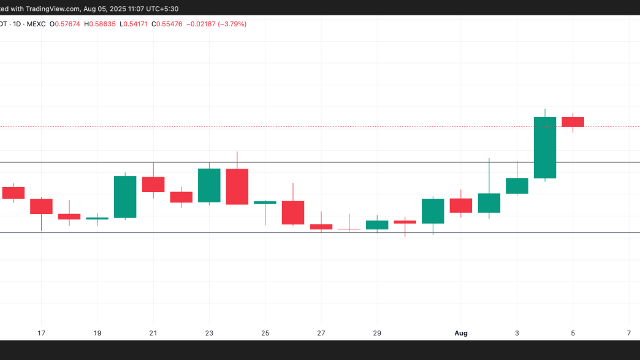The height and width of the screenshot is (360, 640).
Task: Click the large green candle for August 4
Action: (x=545, y=147)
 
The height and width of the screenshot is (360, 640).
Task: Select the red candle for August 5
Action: (x=573, y=122)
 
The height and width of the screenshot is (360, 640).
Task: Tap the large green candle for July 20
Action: (x=125, y=197)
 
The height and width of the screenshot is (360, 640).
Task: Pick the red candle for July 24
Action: (x=237, y=186)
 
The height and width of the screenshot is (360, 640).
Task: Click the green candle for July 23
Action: (x=209, y=185)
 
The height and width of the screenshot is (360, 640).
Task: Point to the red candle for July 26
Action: (x=293, y=212)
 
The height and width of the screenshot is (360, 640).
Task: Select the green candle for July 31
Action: (x=433, y=211)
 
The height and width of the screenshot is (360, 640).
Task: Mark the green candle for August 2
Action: (x=489, y=203)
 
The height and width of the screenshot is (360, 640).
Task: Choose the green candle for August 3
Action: (x=517, y=186)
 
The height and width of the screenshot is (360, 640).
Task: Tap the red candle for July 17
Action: (x=41, y=206)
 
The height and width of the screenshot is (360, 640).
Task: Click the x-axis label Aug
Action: (x=461, y=333)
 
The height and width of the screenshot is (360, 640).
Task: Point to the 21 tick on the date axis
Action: (x=153, y=333)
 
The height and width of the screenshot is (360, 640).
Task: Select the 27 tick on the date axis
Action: (x=321, y=333)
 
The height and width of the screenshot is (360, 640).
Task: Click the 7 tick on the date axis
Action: (x=629, y=333)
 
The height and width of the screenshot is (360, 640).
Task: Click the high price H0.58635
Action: (x=104, y=24)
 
